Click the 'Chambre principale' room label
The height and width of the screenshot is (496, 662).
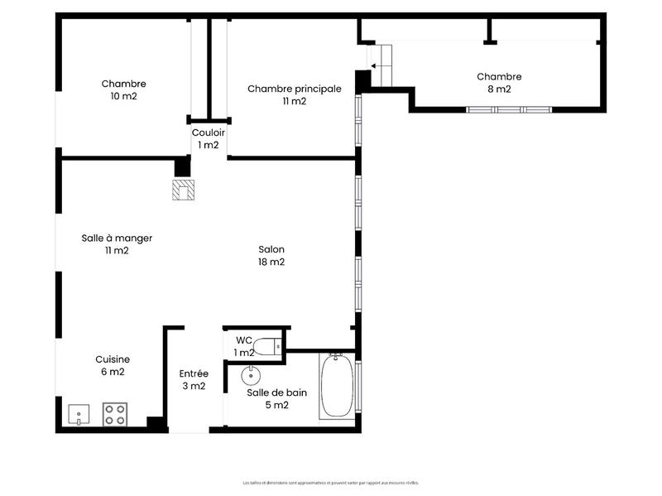point(294,89)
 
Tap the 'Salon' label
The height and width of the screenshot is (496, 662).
point(271,249)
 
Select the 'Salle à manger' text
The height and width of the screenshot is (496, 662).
point(117,238)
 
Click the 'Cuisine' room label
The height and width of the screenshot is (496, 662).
point(113,359)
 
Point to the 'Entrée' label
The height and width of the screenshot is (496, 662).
point(194,373)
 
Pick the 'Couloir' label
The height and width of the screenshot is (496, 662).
point(208,132)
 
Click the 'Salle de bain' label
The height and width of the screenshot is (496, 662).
point(276,392)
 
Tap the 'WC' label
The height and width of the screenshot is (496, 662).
point(243,340)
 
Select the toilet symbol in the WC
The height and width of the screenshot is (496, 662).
point(265,345)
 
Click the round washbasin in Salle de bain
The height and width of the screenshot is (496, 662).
point(252,376)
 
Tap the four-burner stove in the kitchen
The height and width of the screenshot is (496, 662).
point(114,414)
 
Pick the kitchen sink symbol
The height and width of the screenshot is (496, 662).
point(79,414)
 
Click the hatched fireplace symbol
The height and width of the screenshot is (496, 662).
point(183,190)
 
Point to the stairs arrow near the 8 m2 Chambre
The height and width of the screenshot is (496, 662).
point(381,65)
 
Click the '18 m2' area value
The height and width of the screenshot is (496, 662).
point(271,262)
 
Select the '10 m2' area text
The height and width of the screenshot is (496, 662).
point(124,96)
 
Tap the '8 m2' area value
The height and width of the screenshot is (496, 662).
point(499,89)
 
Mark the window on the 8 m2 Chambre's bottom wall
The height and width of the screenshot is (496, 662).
point(508,109)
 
